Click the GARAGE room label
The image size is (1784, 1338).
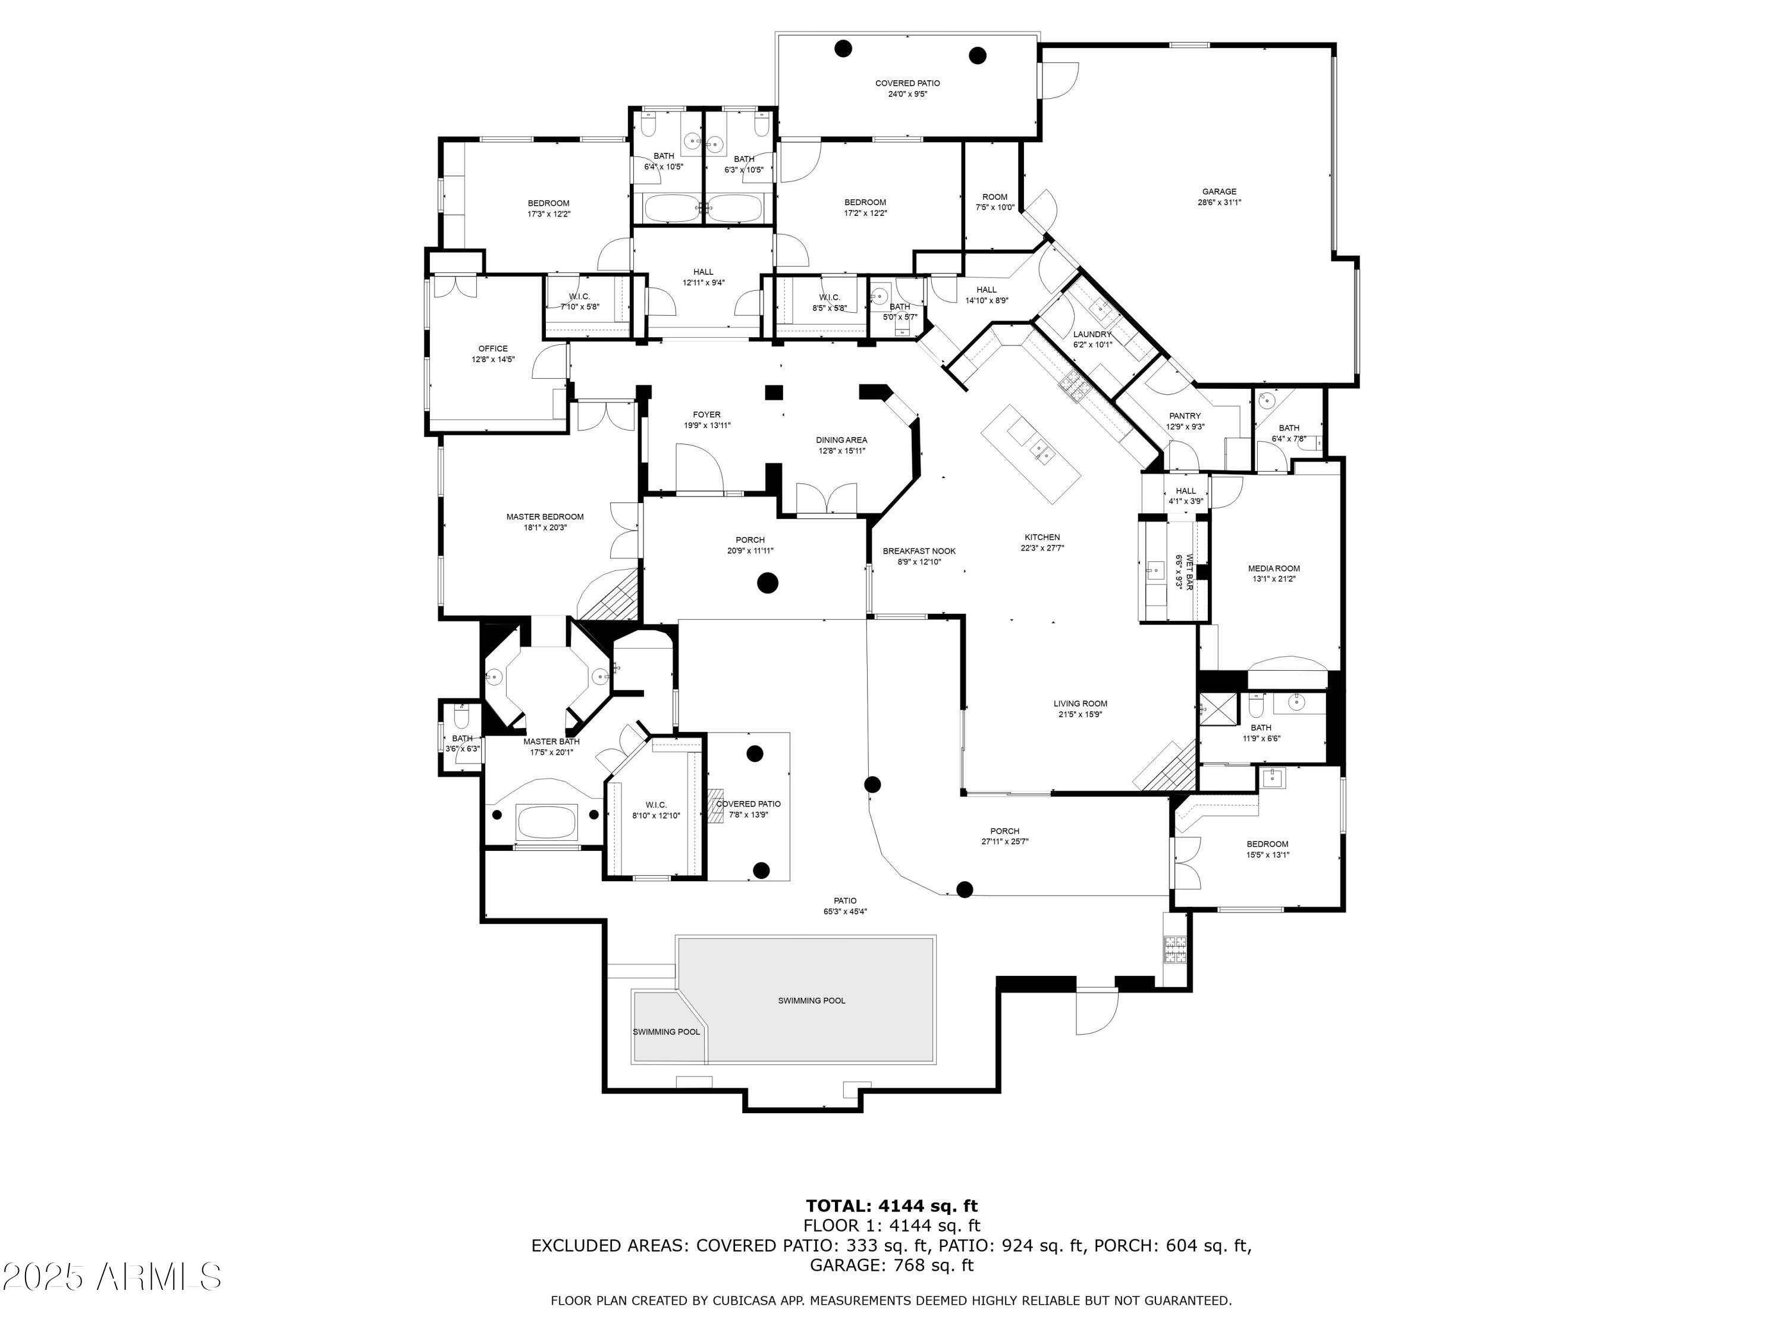(1218, 191)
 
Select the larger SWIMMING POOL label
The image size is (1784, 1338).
(811, 1001)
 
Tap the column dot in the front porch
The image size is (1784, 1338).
(767, 582)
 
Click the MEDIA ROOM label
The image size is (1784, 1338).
(1274, 569)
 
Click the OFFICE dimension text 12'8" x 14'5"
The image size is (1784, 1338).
(493, 360)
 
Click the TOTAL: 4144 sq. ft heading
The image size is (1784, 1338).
(891, 1206)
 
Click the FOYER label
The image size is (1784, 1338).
(706, 414)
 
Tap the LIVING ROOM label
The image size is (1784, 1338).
(1080, 703)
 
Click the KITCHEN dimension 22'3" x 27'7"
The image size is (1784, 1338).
(1042, 548)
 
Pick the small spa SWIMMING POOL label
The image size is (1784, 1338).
(666, 1032)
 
